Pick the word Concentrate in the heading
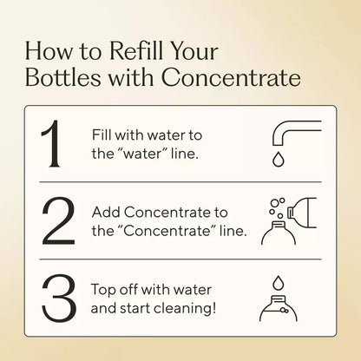[x=240, y=81]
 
